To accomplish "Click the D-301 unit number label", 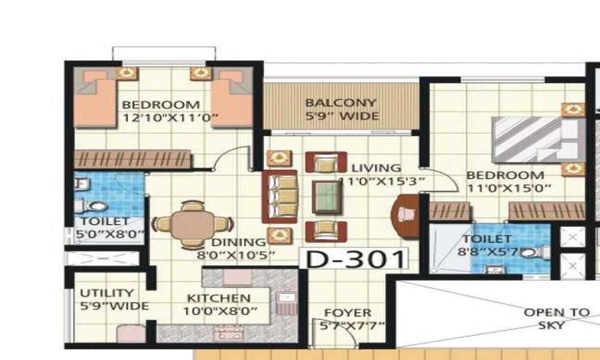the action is [x=355, y=259].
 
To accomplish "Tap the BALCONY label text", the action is [x=341, y=103].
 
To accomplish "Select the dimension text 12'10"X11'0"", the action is [x=170, y=118].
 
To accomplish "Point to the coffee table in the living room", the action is [x=326, y=197].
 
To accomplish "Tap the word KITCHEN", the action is [x=218, y=298].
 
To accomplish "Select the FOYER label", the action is [x=348, y=313].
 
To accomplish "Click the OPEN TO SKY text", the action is [x=556, y=319].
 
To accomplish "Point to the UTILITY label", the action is [x=107, y=293].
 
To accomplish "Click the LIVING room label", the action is [x=376, y=168].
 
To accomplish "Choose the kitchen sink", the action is [x=286, y=298].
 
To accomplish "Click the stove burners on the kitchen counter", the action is [x=229, y=333].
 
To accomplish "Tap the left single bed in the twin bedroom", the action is [x=95, y=98].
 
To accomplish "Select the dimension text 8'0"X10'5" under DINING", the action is [x=236, y=255].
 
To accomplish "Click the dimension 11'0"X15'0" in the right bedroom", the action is [x=509, y=188].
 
